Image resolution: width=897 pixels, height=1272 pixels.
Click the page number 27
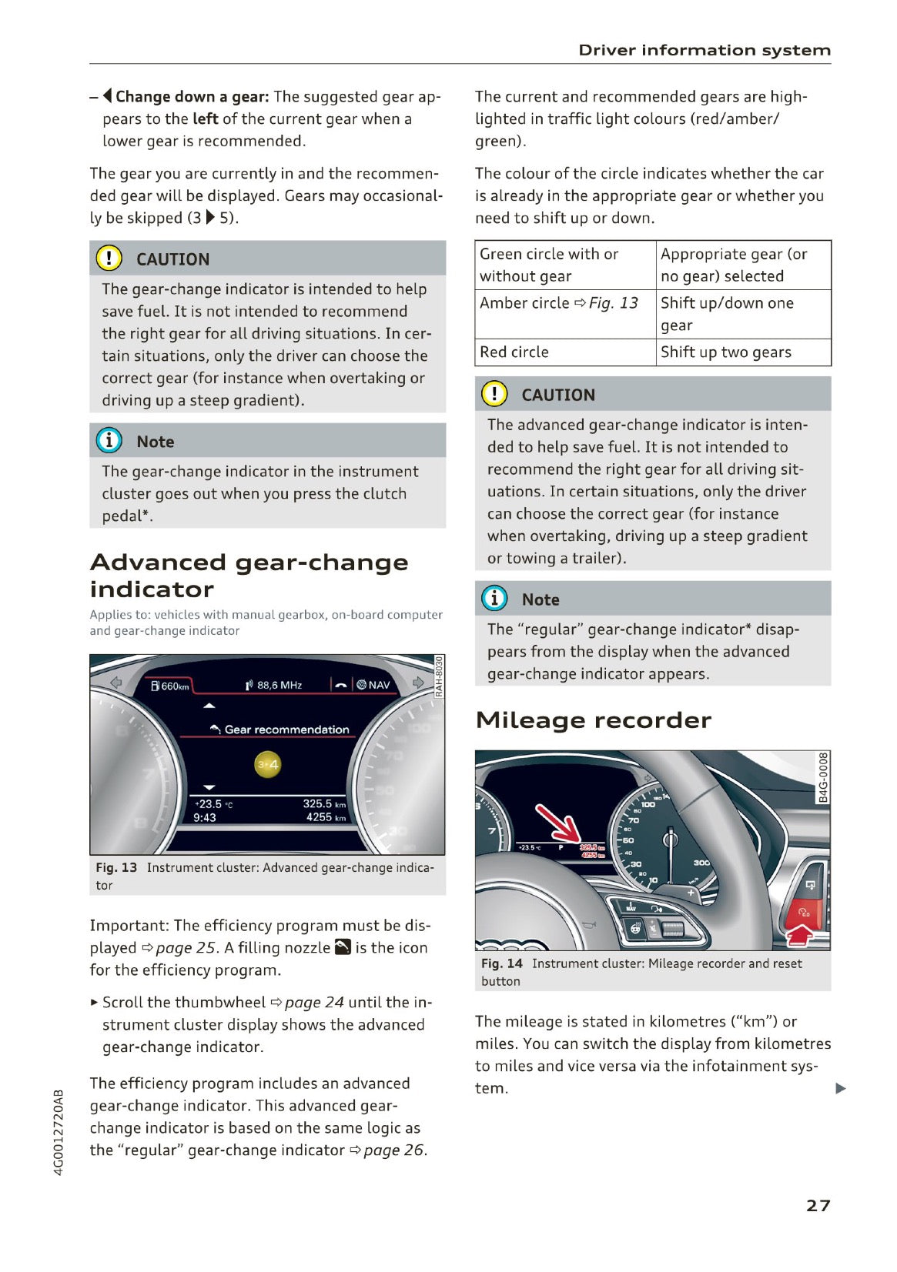(818, 1205)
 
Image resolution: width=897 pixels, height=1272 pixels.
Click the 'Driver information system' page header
(704, 50)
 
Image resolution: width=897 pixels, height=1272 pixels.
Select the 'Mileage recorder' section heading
(593, 719)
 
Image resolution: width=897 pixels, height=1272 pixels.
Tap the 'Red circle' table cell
(514, 352)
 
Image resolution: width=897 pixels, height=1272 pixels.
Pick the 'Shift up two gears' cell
(725, 352)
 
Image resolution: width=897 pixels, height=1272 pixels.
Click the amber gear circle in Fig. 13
(268, 764)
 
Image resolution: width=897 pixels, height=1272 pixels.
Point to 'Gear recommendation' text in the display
(286, 729)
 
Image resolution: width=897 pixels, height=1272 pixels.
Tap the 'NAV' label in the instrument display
(379, 685)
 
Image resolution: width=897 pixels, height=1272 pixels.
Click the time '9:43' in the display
(205, 817)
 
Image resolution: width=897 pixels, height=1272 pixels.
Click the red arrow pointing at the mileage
(557, 823)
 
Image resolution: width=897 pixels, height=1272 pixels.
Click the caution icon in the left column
(109, 259)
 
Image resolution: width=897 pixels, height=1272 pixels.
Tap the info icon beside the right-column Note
(494, 599)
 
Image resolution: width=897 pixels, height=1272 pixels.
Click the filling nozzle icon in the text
(343, 947)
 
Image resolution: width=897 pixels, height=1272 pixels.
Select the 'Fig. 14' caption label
(501, 963)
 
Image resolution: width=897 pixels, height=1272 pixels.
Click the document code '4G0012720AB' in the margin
(59, 1131)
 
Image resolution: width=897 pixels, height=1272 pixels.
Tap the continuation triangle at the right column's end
(841, 1088)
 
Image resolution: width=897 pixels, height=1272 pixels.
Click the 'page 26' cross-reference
(393, 1150)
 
